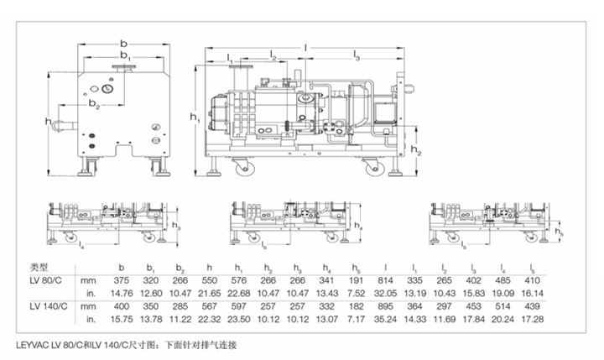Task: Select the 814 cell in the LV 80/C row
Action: click(383, 279)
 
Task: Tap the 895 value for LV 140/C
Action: click(383, 307)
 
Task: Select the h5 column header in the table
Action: click(356, 267)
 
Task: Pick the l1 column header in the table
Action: click(413, 267)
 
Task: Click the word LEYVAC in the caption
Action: click(32, 344)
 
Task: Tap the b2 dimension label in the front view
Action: click(95, 107)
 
